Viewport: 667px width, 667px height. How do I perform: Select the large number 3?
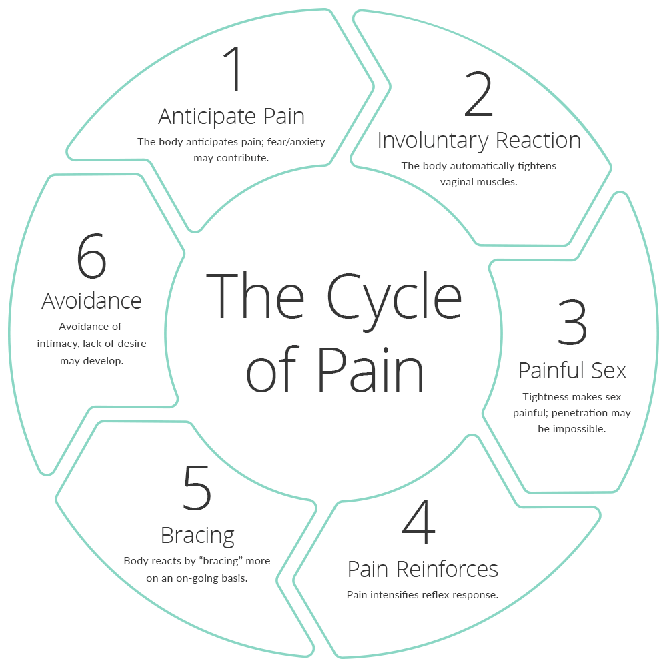pyautogui.click(x=572, y=323)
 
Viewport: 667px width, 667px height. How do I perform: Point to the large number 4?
pyautogui.click(x=419, y=524)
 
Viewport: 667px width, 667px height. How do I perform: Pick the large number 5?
pyautogui.click(x=197, y=488)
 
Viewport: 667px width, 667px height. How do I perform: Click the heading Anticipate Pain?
pyautogui.click(x=231, y=116)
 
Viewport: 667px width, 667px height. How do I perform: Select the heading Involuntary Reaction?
pyautogui.click(x=479, y=140)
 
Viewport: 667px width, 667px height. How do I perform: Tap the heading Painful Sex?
pyautogui.click(x=572, y=370)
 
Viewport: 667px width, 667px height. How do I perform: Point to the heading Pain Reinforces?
pyautogui.click(x=423, y=569)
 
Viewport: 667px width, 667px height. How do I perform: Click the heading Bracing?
pyautogui.click(x=197, y=535)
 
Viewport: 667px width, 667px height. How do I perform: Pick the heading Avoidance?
pyautogui.click(x=91, y=301)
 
